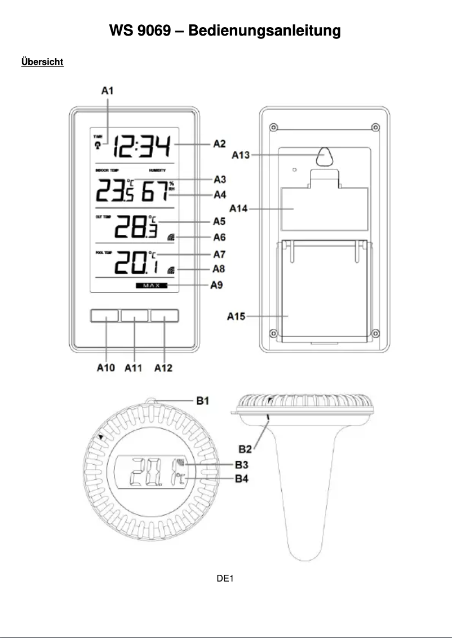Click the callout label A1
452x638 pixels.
coord(107,90)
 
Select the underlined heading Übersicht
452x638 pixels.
coord(42,62)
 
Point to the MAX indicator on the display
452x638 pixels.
coord(151,286)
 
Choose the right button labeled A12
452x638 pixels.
coord(165,316)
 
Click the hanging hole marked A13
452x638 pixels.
coord(325,156)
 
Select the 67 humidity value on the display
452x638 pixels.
coord(154,193)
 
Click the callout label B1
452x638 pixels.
coord(203,401)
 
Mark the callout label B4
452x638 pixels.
coord(242,479)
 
